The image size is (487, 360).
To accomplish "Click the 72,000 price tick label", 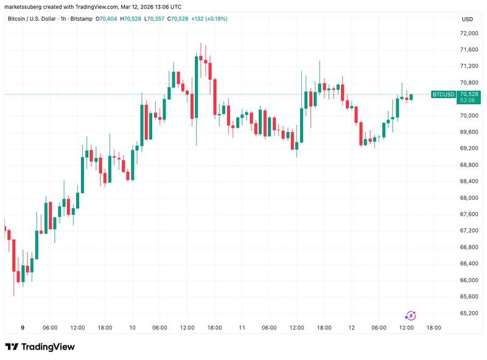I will [468, 33].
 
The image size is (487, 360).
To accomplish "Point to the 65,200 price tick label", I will [468, 313].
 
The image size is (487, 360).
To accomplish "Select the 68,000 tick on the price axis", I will [468, 198].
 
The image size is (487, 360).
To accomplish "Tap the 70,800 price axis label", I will [468, 82].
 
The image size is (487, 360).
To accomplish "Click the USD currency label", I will [468, 19].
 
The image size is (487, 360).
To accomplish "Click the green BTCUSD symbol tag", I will [443, 94].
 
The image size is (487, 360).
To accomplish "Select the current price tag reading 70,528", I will [469, 94].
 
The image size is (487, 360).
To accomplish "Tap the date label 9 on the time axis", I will [22, 328].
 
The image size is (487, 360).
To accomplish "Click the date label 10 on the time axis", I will [132, 328].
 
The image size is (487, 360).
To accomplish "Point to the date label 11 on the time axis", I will [242, 328].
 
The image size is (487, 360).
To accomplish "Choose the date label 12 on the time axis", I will [351, 328].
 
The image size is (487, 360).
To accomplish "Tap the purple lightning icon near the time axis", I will [410, 315].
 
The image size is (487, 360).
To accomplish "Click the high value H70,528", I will [133, 19].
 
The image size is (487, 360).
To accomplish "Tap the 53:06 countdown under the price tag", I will [469, 100].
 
